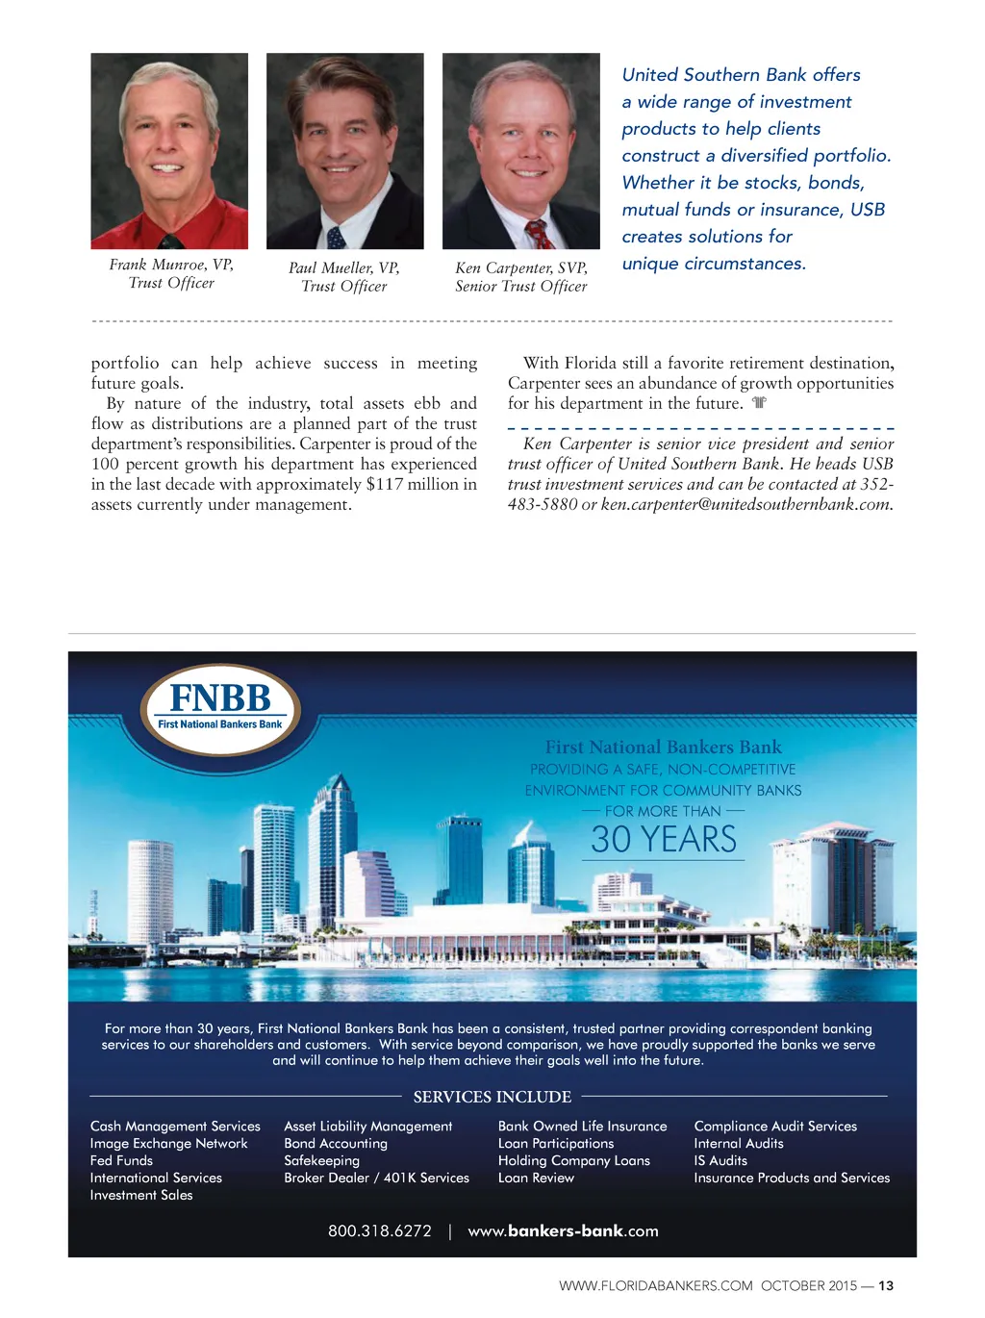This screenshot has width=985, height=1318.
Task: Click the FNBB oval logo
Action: coord(220,709)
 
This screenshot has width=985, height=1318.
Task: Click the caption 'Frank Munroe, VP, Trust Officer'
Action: coord(171,273)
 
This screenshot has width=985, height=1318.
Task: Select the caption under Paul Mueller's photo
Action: coord(344,277)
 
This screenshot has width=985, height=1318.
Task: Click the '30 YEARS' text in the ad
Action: coord(664,840)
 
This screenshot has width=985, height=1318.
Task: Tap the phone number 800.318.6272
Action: coord(380,1231)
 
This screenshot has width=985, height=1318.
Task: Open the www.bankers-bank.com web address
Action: coord(563,1231)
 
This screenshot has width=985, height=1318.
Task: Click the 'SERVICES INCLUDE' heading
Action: coord(492,1097)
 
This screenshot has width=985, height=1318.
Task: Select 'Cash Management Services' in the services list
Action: coord(175,1127)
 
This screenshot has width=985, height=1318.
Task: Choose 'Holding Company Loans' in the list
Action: coord(574,1161)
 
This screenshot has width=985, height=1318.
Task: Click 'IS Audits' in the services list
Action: coord(720,1161)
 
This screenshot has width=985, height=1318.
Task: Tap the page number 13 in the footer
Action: coord(886,1286)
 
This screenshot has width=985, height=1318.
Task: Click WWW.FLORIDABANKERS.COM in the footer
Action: coord(656,1286)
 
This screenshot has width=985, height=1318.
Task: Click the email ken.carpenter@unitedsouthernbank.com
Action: coord(745,504)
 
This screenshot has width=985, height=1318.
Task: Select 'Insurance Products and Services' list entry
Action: coord(792,1179)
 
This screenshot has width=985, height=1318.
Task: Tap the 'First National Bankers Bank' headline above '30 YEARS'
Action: coord(664,748)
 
